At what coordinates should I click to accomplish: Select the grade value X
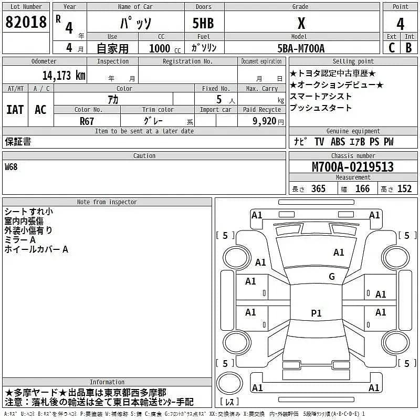pyautogui.click(x=301, y=23)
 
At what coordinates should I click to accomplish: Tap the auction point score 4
pyautogui.click(x=401, y=24)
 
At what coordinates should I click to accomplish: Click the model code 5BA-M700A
pyautogui.click(x=301, y=48)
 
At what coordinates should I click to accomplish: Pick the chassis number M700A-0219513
pyautogui.click(x=353, y=167)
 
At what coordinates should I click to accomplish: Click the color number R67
pyautogui.click(x=87, y=121)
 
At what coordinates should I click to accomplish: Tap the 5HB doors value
pyautogui.click(x=203, y=24)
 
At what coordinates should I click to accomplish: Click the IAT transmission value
pyautogui.click(x=15, y=109)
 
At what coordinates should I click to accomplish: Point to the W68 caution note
pyautogui.click(x=11, y=167)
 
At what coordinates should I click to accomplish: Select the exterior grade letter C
pyautogui.click(x=392, y=48)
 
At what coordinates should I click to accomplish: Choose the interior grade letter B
pyautogui.click(x=409, y=48)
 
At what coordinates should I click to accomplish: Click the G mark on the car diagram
pyautogui.click(x=331, y=277)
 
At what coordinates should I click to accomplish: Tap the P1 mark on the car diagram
pyautogui.click(x=316, y=313)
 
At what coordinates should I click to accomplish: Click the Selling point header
pyautogui.click(x=353, y=61)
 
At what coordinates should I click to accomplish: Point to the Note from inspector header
pyautogui.click(x=107, y=202)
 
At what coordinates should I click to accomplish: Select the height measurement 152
pyautogui.click(x=404, y=189)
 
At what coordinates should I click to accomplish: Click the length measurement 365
pyautogui.click(x=318, y=189)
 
